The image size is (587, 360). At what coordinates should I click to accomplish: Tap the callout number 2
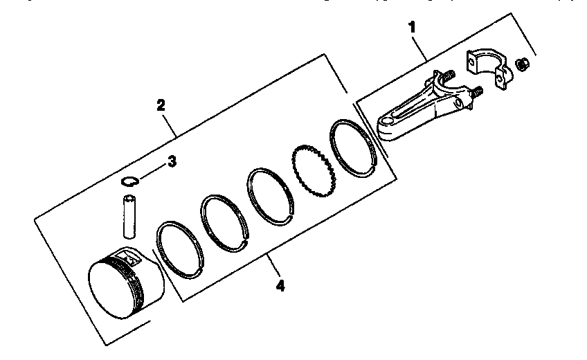click(161, 105)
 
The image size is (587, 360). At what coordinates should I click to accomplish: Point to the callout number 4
click(280, 285)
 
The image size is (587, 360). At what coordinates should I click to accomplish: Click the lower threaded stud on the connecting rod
click(476, 92)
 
